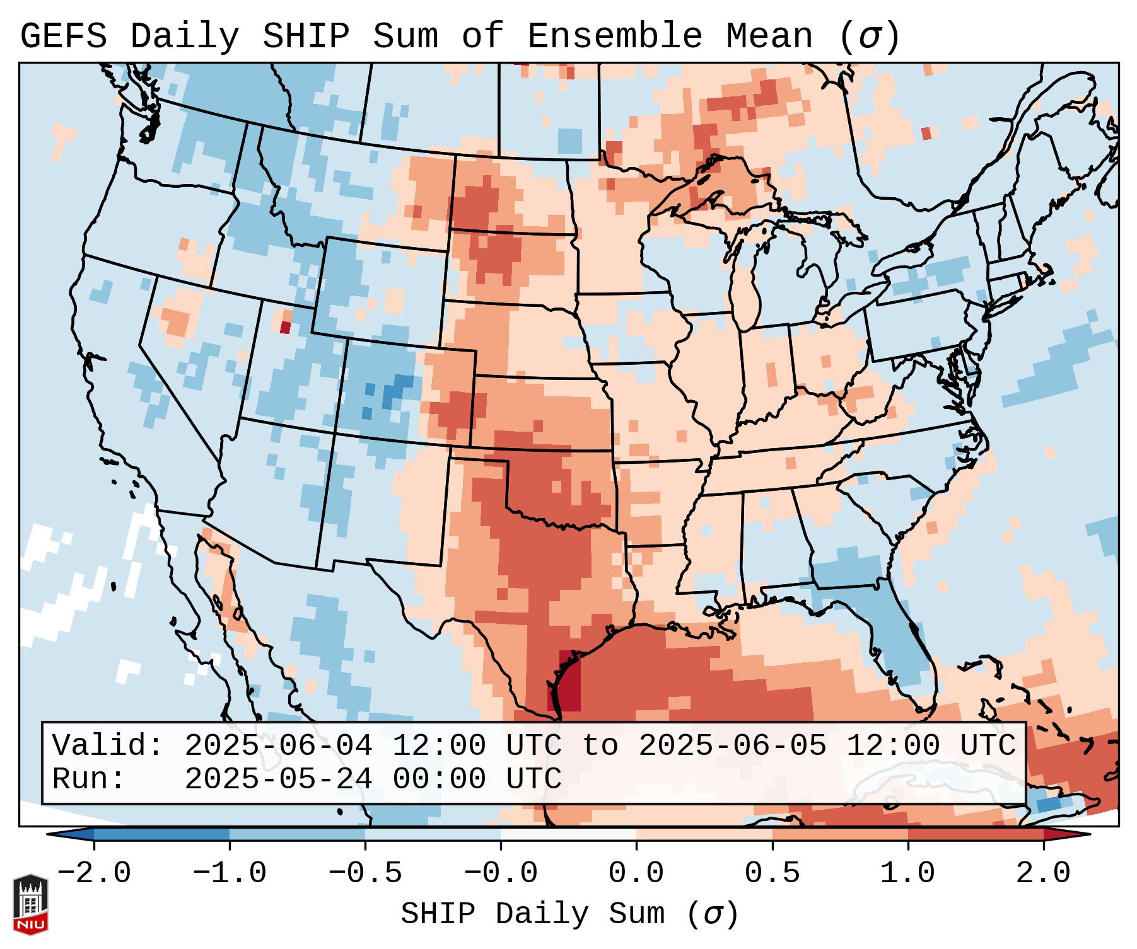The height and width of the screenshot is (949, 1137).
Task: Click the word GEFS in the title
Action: pyautogui.click(x=63, y=37)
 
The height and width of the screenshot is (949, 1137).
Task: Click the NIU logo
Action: pyautogui.click(x=30, y=904)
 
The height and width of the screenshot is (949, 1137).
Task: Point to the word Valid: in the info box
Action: pyautogui.click(x=108, y=745)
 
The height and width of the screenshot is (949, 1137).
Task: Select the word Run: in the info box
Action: pyautogui.click(x=89, y=779)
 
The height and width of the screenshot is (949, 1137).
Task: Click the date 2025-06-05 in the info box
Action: pyautogui.click(x=732, y=745)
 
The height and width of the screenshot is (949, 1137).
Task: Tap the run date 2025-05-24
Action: pyautogui.click(x=278, y=779)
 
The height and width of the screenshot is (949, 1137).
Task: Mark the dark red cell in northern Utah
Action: pyautogui.click(x=285, y=328)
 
